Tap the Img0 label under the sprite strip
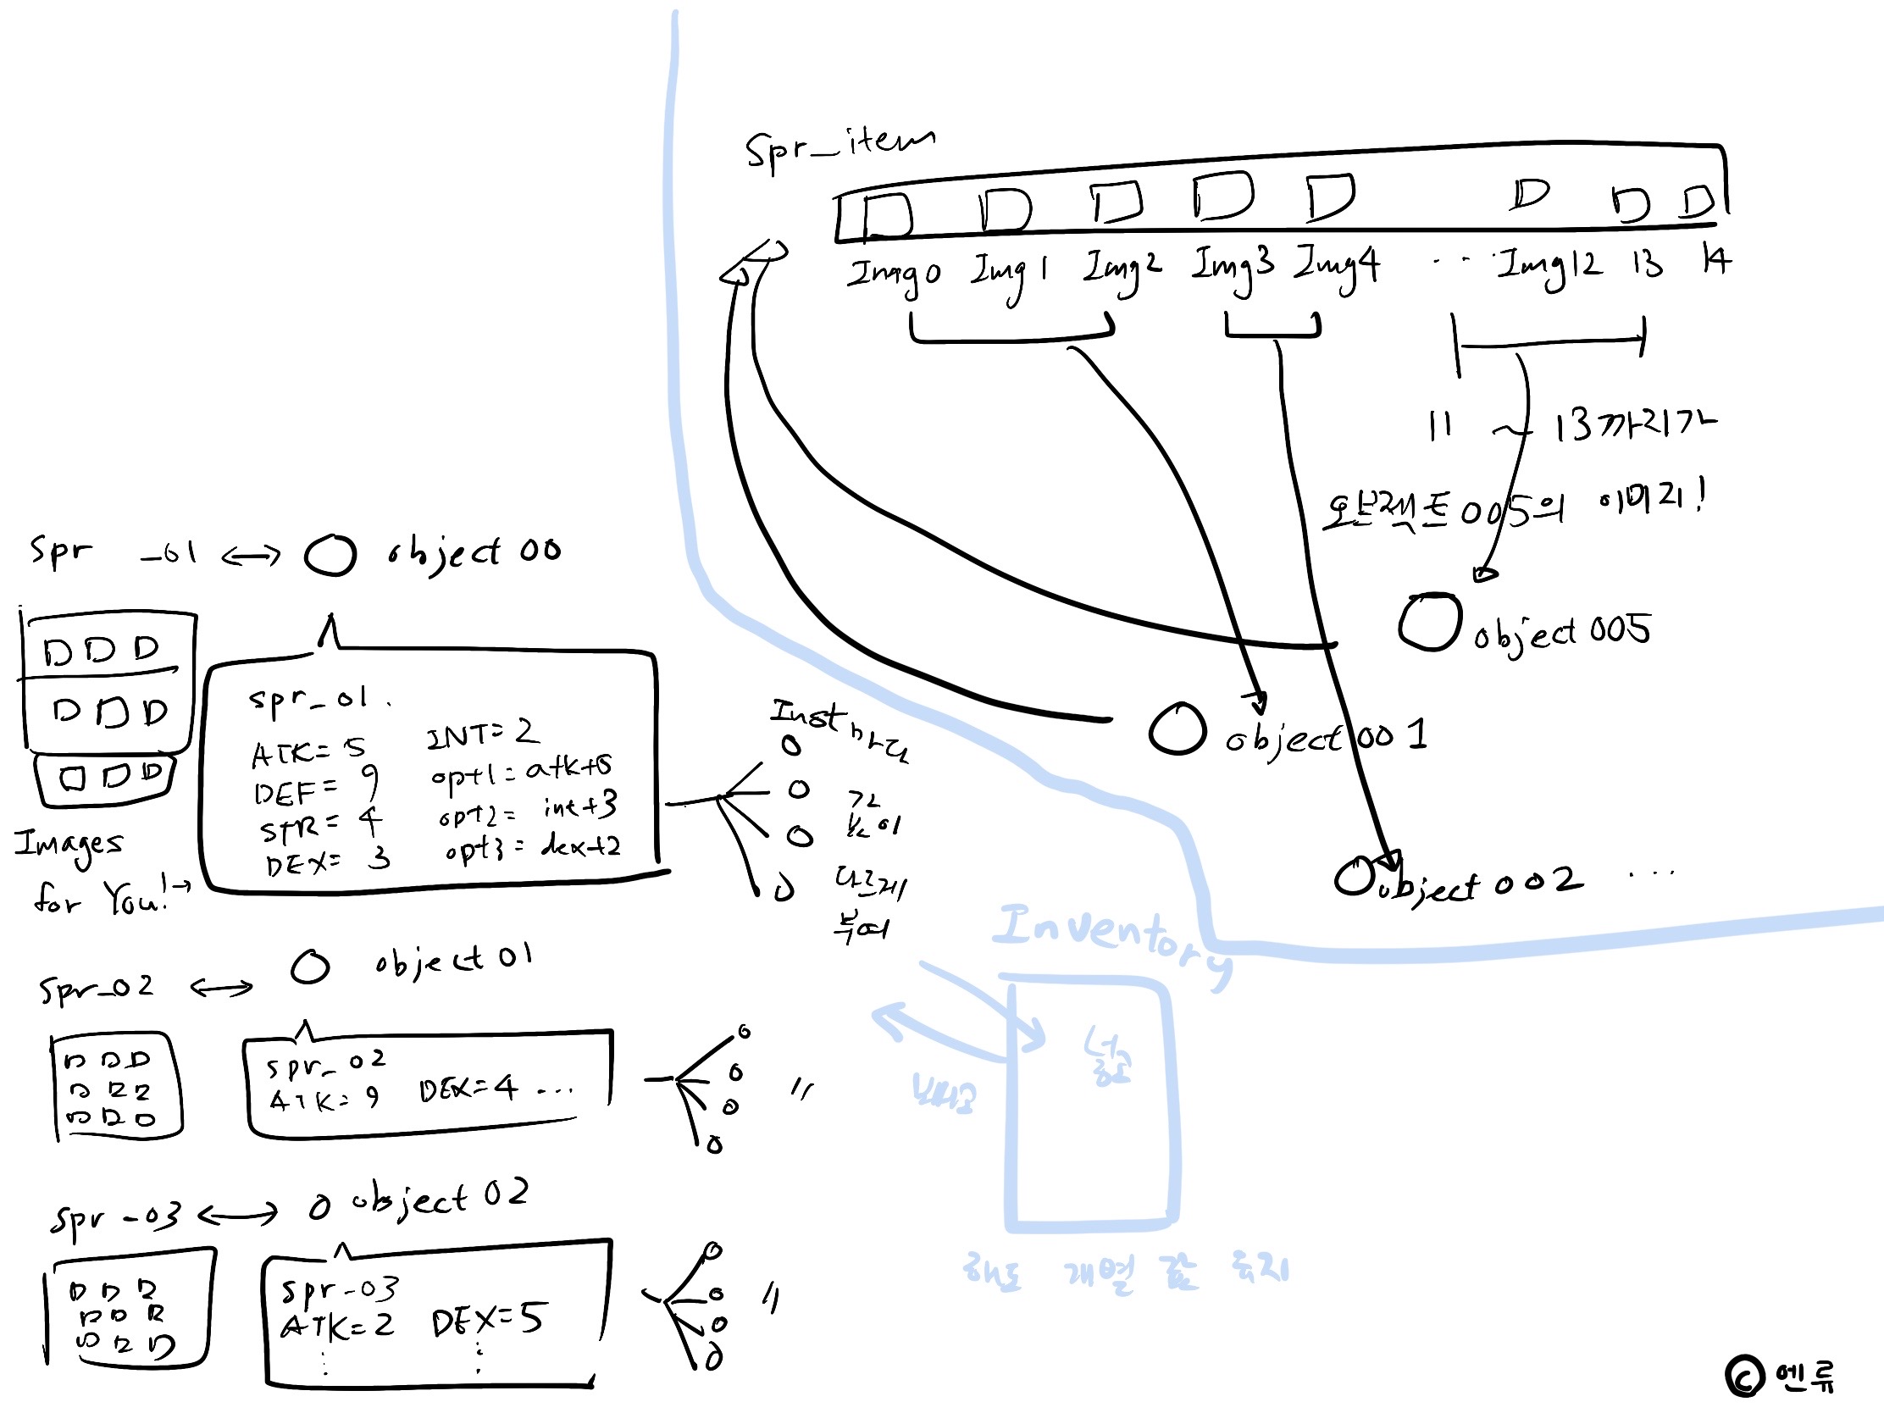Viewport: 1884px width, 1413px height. tap(894, 274)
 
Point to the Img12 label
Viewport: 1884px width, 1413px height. tap(1549, 267)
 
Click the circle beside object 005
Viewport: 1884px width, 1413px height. tap(1429, 623)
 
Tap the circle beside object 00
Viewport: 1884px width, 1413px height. tap(330, 556)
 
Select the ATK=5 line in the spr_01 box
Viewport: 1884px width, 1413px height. tap(308, 751)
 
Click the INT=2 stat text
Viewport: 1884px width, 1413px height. tap(480, 733)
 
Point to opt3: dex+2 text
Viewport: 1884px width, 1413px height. tap(532, 847)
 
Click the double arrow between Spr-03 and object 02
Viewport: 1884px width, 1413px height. tap(239, 1215)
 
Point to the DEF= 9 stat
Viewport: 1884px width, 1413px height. tap(315, 788)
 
